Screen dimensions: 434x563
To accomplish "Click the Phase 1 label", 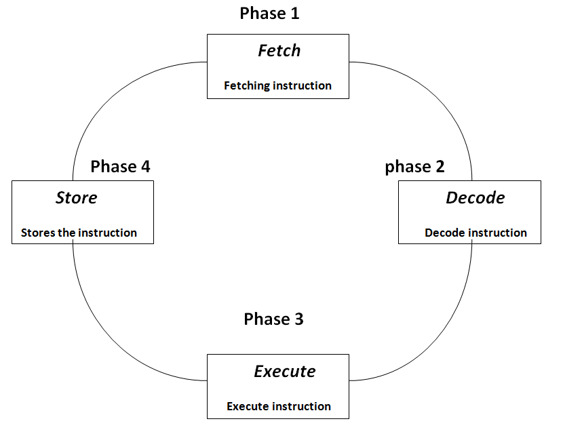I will tap(269, 13).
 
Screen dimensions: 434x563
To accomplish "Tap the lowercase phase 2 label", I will tap(414, 167).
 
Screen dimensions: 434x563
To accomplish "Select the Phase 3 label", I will tap(273, 319).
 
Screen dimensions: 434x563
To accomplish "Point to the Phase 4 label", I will tap(120, 166).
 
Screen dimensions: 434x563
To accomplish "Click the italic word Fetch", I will tap(279, 51).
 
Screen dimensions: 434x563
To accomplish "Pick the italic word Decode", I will tap(475, 197).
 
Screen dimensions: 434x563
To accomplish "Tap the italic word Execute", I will tap(284, 372).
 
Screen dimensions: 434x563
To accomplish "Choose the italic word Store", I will tap(76, 198).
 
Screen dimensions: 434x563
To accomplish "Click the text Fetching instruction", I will tap(277, 86).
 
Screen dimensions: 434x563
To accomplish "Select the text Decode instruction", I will tap(475, 233).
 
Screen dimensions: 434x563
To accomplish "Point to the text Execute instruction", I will tap(279, 407).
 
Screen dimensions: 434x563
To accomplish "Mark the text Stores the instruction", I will tap(79, 233).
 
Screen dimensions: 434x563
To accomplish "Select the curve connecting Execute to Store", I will tap(109, 332).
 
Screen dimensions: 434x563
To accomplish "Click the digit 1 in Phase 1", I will tap(294, 13).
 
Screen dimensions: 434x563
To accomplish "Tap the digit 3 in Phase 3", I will tap(298, 319).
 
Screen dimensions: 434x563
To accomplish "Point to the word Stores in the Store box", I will tap(37, 233).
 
